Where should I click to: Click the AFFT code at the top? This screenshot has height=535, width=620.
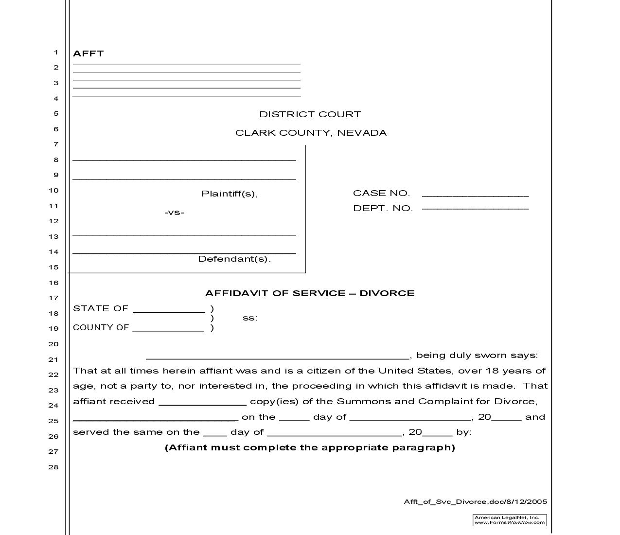tap(88, 53)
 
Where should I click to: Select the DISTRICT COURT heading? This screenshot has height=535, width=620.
tap(310, 114)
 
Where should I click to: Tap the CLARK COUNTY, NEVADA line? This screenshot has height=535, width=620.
tap(311, 133)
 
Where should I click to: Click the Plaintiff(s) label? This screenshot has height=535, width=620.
tap(230, 194)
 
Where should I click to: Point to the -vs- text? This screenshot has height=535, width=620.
tap(174, 213)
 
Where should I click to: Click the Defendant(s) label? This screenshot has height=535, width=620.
tap(234, 259)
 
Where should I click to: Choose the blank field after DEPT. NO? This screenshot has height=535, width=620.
tap(475, 208)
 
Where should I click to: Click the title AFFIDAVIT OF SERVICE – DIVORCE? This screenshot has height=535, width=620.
tap(310, 293)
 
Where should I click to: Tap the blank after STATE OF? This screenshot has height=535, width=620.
tap(169, 309)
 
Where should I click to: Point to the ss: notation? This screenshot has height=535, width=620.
tap(249, 318)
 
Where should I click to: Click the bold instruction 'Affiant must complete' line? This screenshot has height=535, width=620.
tap(310, 447)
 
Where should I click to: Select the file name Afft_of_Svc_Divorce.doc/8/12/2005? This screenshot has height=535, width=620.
tap(475, 502)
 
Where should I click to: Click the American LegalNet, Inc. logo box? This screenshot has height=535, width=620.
tap(510, 520)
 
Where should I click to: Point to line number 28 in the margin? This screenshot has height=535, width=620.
tap(53, 467)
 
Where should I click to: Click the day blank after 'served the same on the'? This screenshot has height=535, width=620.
tap(215, 433)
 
